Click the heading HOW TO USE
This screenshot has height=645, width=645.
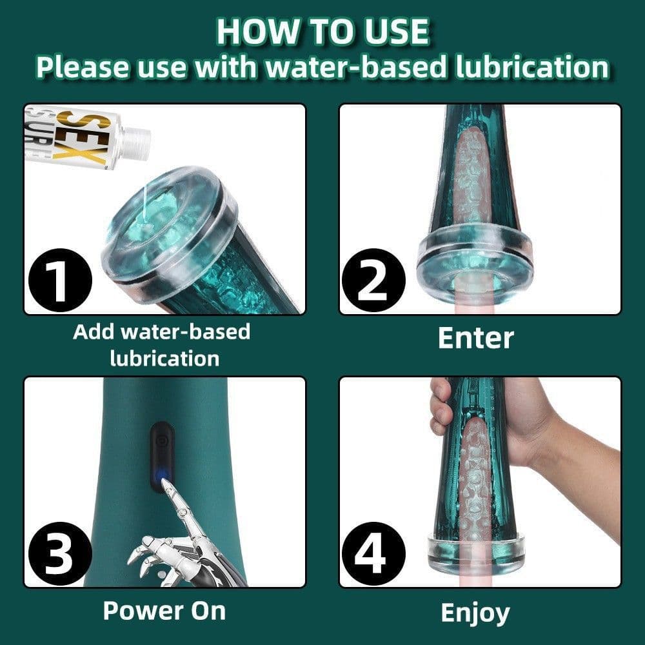[x=322, y=31]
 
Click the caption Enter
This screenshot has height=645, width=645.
[x=475, y=338]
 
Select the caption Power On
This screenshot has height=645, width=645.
[x=164, y=610]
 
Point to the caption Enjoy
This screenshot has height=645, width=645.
[x=475, y=612]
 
